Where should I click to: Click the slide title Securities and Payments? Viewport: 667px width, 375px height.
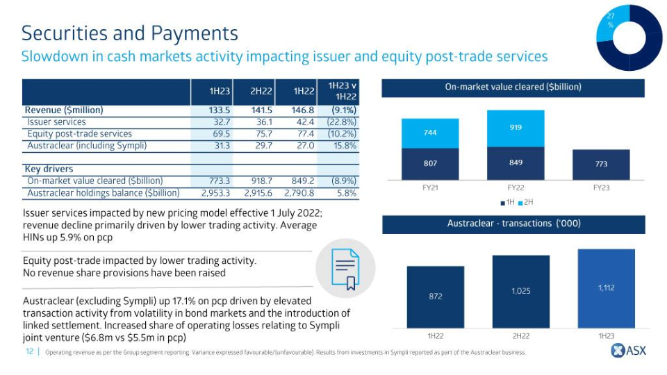(130, 33)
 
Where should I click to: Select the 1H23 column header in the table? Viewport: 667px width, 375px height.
(220, 91)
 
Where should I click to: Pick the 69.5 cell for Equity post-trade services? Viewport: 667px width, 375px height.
(220, 134)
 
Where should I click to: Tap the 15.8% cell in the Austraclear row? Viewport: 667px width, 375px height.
(345, 146)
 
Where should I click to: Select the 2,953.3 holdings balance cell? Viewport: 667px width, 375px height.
(215, 193)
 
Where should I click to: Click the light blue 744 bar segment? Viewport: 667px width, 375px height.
(430, 133)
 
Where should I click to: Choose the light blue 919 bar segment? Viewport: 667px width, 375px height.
(515, 128)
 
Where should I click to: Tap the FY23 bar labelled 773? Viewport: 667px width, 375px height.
(601, 164)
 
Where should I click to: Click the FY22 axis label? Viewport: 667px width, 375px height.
(515, 187)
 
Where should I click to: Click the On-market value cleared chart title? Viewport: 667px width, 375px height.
(513, 87)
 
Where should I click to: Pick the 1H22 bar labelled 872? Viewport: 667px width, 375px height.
(435, 297)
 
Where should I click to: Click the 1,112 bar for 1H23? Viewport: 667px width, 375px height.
(606, 287)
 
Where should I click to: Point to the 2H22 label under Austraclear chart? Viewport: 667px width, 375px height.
(520, 336)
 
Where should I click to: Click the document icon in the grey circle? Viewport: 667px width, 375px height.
(345, 268)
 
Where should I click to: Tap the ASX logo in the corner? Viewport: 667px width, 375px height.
(628, 351)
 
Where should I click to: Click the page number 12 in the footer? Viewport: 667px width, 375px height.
(30, 352)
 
